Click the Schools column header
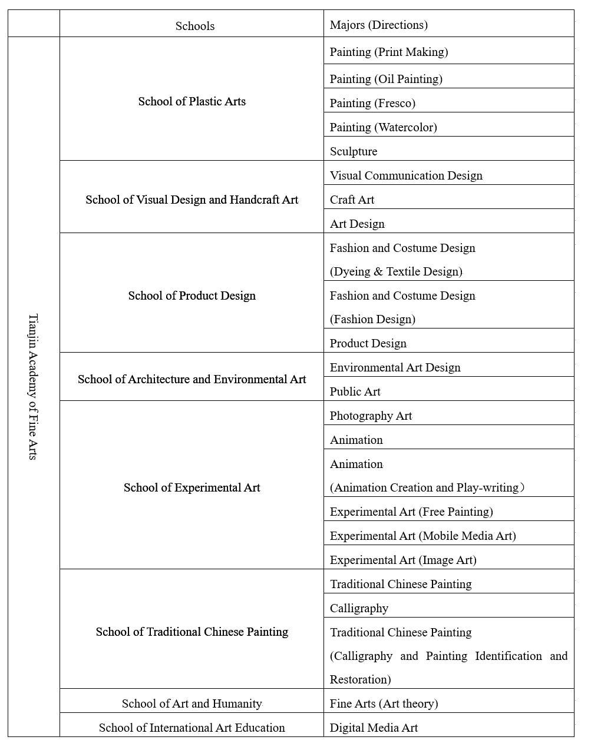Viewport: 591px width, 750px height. [195, 26]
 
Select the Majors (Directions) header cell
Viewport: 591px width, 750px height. [379, 25]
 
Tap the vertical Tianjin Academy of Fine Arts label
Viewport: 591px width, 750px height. [33, 386]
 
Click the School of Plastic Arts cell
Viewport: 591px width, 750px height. [192, 101]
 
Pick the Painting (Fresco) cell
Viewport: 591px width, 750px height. [372, 103]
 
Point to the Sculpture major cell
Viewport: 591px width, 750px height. [354, 151]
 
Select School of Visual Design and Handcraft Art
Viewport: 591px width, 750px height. [192, 200]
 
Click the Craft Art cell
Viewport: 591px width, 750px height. [352, 200]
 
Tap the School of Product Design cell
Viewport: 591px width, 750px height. [192, 296]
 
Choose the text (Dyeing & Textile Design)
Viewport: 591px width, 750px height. [396, 271]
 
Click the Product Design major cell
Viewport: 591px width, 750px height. [368, 343]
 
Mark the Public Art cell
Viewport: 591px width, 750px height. [355, 391]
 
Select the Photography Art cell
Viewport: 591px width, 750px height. [371, 416]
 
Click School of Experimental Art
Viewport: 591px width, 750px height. [192, 487]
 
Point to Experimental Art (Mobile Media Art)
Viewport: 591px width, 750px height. [423, 536]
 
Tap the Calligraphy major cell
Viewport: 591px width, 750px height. [359, 608]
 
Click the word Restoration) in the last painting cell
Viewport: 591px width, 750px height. [361, 679]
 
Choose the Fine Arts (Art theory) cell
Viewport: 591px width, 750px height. [384, 703]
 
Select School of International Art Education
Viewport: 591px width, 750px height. [192, 728]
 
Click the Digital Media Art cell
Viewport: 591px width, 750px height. [374, 728]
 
